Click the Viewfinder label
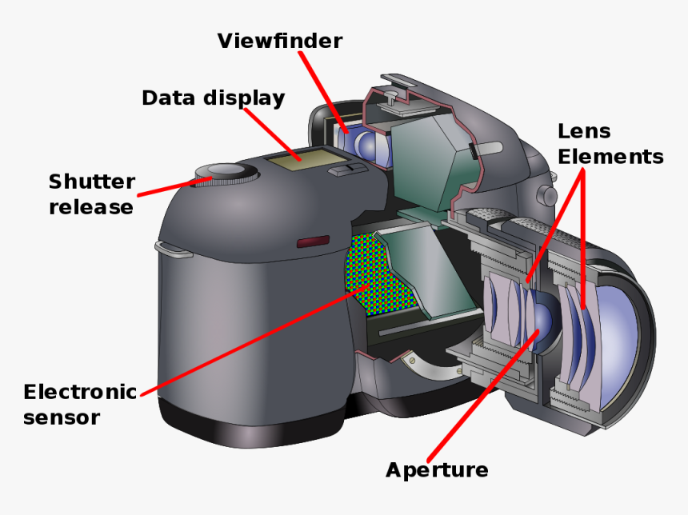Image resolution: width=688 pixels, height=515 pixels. coord(279,40)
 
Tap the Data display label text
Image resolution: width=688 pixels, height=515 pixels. coord(213,98)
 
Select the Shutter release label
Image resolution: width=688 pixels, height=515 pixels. coord(91,194)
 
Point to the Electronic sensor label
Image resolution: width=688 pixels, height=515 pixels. coord(79,404)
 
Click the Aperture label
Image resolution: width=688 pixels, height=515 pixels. coord(437,469)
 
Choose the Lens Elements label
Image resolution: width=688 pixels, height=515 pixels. coord(610,144)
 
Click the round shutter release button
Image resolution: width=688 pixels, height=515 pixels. coord(227,170)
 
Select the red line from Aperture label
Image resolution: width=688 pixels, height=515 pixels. coord(488,392)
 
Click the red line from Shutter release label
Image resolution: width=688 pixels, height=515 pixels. coord(168,188)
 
